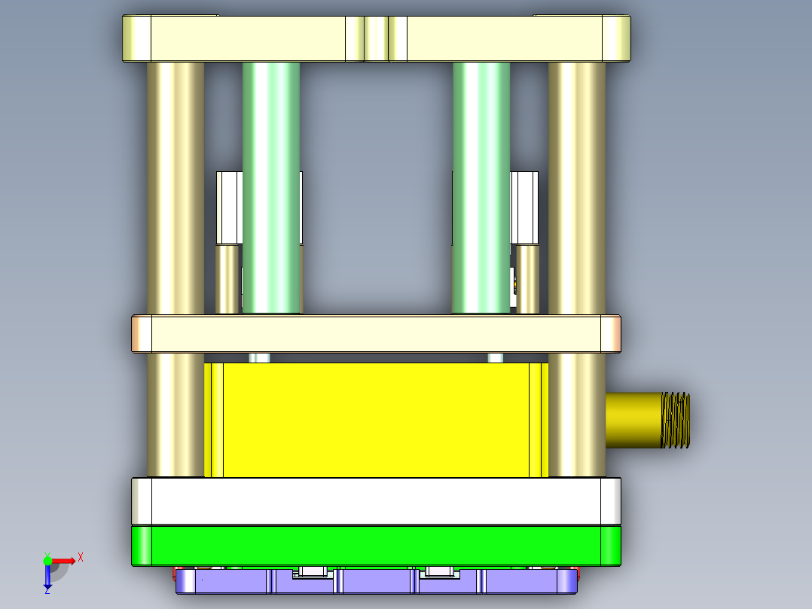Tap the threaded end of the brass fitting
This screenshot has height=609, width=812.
point(676,420)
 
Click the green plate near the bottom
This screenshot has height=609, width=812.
point(377,545)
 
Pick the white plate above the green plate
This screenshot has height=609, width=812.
point(377,500)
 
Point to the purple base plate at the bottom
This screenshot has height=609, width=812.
point(377,582)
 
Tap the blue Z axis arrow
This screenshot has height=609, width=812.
point(47,577)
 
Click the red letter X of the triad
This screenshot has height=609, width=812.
point(81,557)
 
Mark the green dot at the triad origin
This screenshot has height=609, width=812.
point(48,561)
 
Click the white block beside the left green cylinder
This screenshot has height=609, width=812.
point(229,207)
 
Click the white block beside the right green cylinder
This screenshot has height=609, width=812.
point(524,207)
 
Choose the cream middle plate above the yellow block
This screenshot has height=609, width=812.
point(377,334)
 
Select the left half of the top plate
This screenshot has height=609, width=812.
point(249,38)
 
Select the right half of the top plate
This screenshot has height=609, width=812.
point(505,38)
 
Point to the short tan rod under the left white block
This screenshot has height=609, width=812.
point(227,279)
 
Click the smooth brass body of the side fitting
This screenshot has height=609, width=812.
point(633,420)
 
